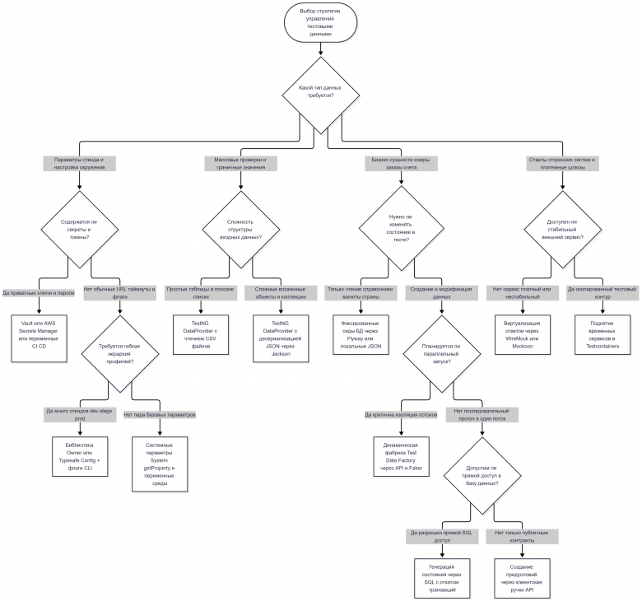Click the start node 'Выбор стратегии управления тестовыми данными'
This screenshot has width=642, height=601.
pyautogui.click(x=321, y=22)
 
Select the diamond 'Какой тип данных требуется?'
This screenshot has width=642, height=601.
pyautogui.click(x=321, y=95)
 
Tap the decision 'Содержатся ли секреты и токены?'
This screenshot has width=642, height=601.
pyautogui.click(x=80, y=230)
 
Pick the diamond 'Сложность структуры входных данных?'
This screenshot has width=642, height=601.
pyautogui.click(x=240, y=230)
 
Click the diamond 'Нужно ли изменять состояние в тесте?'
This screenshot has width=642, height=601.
pyautogui.click(x=402, y=228)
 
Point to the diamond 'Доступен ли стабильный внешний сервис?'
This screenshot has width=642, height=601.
pyautogui.click(x=562, y=230)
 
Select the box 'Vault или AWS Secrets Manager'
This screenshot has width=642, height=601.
pyautogui.click(x=39, y=338)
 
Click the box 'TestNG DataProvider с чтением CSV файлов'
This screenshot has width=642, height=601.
pyautogui.click(x=201, y=335)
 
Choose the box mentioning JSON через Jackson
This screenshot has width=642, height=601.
pyautogui.click(x=281, y=338)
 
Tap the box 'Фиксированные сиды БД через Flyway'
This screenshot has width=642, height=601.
pyautogui.click(x=361, y=335)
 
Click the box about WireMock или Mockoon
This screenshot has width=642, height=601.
pyautogui.click(x=523, y=335)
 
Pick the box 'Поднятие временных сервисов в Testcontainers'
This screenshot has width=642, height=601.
pyautogui.click(x=602, y=335)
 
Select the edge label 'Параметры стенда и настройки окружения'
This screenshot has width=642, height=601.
pyautogui.click(x=80, y=164)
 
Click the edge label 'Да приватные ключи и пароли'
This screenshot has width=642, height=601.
pyautogui.click(x=39, y=293)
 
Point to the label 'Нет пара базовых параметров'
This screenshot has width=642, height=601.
pyautogui.click(x=160, y=415)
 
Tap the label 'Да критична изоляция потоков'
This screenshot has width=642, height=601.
pyautogui.click(x=402, y=415)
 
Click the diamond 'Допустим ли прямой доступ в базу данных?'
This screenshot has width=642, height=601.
pyautogui.click(x=482, y=476)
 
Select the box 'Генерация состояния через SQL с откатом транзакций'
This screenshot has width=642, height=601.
pyautogui.click(x=442, y=579)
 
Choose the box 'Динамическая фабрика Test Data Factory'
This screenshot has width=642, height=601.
pyautogui.click(x=402, y=456)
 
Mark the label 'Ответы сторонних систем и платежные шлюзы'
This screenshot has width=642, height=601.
pyautogui.click(x=562, y=164)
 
